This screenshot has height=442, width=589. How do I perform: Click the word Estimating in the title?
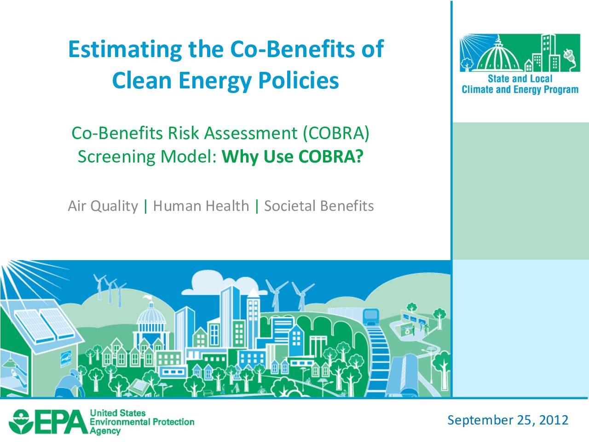coord(125,50)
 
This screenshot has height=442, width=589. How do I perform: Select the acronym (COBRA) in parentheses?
coord(336,133)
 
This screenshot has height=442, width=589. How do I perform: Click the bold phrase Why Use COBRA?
coord(293,156)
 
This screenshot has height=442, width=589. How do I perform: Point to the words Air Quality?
coord(103,206)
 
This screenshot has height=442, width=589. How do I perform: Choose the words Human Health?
coord(201,206)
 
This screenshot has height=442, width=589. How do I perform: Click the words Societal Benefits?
coord(319,206)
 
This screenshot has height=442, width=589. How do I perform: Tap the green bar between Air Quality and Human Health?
coord(146,206)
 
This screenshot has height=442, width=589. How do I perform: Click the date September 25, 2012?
coord(508,420)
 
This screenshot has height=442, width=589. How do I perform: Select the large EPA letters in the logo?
coord(60,422)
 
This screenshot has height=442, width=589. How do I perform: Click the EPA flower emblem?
coord(20,422)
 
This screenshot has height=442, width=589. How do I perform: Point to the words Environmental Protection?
coord(142,422)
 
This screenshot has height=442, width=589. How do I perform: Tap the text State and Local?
coord(520,79)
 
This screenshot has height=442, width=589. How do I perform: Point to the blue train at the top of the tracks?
coord(371,317)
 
